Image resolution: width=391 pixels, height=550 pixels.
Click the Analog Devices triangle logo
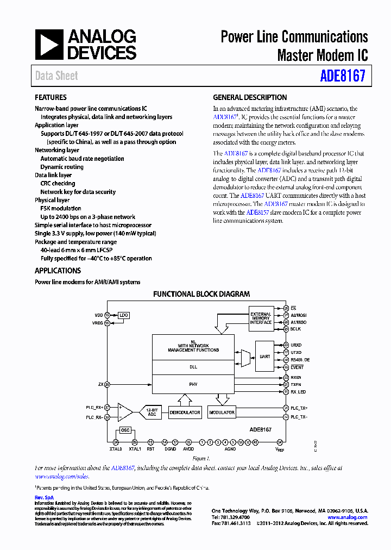point(49,45)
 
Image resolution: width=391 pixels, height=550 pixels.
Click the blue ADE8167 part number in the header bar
point(342,76)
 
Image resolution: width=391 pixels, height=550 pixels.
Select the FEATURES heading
point(51,98)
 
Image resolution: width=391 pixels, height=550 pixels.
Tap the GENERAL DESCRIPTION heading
point(250,98)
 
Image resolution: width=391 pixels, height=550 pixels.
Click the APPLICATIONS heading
point(58,271)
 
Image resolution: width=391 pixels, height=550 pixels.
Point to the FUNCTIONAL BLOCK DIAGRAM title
point(201,294)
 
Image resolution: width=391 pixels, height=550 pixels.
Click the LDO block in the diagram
point(124,315)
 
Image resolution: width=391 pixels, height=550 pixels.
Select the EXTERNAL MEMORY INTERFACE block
point(260,318)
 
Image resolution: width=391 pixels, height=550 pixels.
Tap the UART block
point(264,357)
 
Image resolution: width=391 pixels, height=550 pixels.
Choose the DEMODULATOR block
point(185,412)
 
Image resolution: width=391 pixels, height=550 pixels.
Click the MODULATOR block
point(222,412)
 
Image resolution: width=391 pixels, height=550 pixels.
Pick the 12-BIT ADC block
point(152,412)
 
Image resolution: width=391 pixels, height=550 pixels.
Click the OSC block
point(125,430)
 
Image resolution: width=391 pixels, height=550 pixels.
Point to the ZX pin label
point(100,385)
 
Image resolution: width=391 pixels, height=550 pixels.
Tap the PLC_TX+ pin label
point(299,408)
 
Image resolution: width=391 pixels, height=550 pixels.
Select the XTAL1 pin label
point(135,449)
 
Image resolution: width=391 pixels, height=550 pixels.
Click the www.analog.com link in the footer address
point(348,517)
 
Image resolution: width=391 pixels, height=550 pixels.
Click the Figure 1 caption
point(201,459)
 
